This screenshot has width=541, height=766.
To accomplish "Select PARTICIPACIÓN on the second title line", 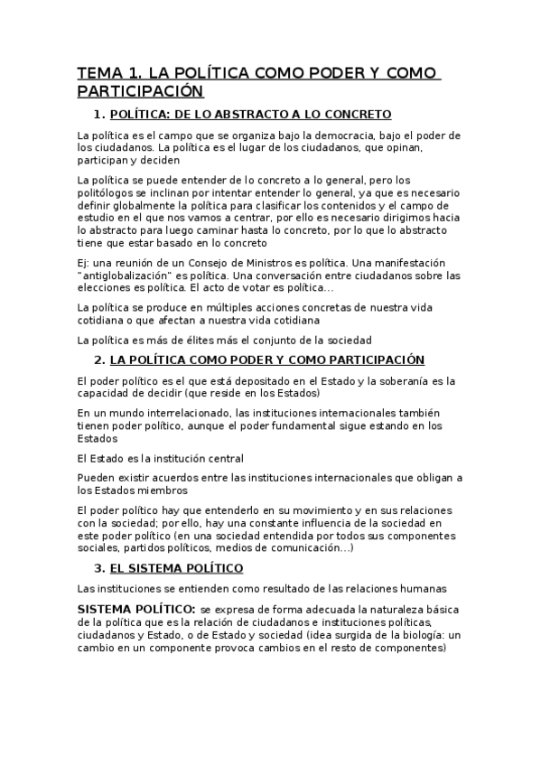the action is pos(140,92).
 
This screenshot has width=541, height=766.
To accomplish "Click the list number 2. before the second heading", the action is pos(99,360).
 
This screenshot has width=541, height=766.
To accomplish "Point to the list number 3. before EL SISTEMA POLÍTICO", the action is pos(99,568).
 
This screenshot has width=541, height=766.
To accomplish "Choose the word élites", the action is pos(195,340).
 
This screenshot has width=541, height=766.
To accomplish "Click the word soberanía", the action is pos(390,380).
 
